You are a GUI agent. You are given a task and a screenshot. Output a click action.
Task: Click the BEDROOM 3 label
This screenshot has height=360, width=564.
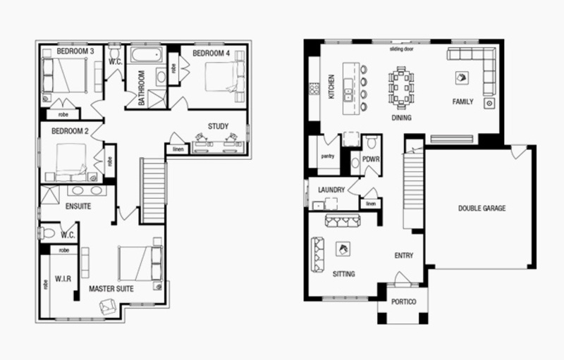pos(75,51)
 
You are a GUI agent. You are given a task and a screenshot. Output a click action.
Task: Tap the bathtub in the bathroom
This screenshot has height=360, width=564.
pos(147,55)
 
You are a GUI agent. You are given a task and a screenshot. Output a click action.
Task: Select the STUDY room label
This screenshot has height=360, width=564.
pos(218,127)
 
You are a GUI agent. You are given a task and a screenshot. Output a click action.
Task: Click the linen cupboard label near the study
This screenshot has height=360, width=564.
pos(178,149)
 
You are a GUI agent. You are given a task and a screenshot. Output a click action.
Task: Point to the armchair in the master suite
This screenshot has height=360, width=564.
pos(108,306)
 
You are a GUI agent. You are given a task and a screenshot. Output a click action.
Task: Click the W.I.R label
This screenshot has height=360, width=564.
pos(63,279)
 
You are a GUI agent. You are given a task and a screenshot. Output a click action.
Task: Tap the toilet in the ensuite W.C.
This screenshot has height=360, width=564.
pos(47,234)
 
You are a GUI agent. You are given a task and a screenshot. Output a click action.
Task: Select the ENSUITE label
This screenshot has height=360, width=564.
pos(78,206)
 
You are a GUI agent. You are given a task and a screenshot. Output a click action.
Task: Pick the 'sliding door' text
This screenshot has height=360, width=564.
pos(401,49)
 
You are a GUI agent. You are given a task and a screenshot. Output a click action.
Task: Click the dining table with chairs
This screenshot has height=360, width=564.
pos(401,87)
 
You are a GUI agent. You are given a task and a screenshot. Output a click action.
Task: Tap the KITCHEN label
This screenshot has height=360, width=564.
pos(331,87)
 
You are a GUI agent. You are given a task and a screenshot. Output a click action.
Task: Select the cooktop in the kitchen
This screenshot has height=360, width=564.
pos(314,88)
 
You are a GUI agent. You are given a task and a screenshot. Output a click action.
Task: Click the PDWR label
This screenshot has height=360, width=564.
pos(371,159)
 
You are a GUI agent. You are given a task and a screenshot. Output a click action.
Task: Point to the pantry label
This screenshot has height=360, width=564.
pos(328,156)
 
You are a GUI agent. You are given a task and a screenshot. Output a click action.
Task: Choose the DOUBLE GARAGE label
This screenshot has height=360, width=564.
pos(482,209)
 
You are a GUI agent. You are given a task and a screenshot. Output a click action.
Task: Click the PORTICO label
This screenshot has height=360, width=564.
pos(403,302)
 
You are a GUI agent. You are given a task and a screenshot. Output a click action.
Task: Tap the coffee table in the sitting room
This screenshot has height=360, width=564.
pos(343,249)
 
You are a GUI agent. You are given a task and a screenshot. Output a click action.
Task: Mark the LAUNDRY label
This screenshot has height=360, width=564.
pos(331,190)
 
